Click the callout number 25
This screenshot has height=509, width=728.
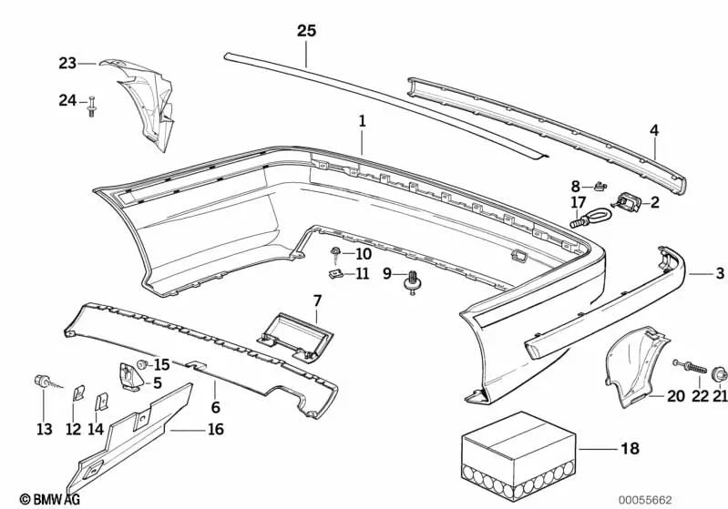(306, 30)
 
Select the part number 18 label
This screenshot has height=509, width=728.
(629, 449)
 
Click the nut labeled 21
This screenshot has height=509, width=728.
(720, 372)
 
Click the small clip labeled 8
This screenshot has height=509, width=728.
(599, 187)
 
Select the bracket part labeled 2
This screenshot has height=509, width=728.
(631, 202)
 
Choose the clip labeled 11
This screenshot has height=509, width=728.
(336, 272)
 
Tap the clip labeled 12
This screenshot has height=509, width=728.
(78, 393)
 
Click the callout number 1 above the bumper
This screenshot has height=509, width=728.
(362, 120)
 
